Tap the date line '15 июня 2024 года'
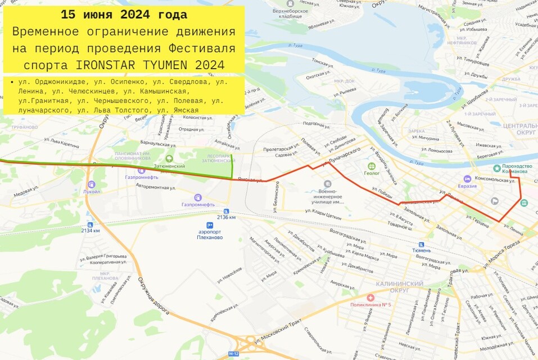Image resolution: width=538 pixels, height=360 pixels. pos(124,15)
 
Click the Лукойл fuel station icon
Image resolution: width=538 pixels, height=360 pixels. pos(91,184)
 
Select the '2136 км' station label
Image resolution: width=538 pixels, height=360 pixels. pos(226,217)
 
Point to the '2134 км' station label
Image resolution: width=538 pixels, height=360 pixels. pos(90,230)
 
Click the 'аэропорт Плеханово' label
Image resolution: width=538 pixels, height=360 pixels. pos(210,234)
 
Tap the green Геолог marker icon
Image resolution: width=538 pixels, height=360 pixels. pos(371,166)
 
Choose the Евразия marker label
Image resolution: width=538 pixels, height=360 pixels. pos(467,186)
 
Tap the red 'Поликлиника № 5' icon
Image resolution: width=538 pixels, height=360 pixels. pos(370,297)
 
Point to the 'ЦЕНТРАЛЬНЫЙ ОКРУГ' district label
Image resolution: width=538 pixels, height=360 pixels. pos(521,129)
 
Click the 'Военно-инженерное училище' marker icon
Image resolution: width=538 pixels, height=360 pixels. pos(328,184)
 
